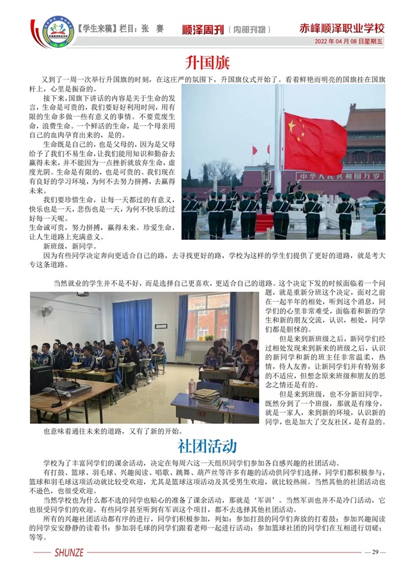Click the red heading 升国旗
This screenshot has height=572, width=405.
[202, 62]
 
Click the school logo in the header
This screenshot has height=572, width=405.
[55, 32]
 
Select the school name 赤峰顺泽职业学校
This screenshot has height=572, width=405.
[342, 28]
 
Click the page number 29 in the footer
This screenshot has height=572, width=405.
[374, 552]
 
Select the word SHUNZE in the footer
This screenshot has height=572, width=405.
[67, 552]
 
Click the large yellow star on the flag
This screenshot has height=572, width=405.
[291, 125]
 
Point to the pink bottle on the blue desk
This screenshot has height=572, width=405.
[192, 386]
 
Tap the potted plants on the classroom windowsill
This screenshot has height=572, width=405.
[209, 338]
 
